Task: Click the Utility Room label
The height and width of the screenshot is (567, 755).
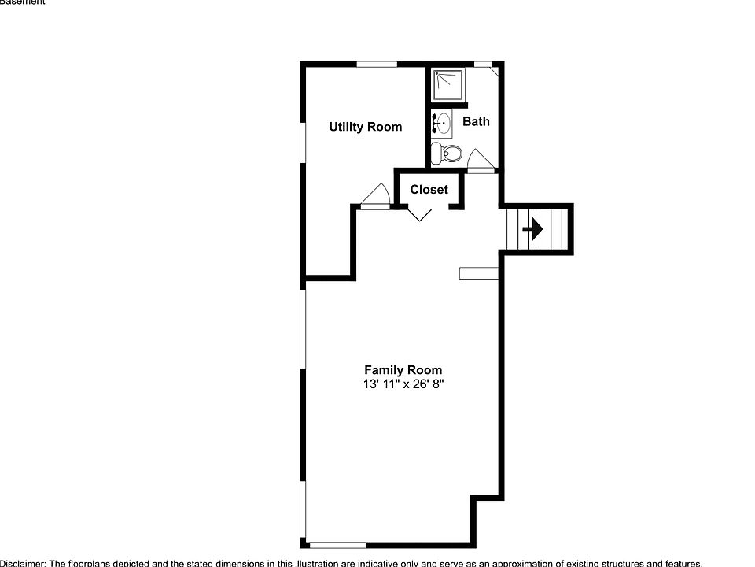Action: coord(365,127)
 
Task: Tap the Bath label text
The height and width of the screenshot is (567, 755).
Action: coord(476,121)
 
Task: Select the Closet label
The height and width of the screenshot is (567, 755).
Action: coord(429,190)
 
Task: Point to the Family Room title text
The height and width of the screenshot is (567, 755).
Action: coord(403,370)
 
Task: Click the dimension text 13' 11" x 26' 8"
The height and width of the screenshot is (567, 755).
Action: coord(403,385)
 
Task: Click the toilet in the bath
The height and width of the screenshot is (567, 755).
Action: coord(449,153)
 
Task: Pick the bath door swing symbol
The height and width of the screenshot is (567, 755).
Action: coord(479,160)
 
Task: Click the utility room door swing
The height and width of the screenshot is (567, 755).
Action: coord(375,196)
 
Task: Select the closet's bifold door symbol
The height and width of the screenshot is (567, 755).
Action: coord(421,213)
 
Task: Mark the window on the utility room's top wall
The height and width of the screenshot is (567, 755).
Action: coord(376,64)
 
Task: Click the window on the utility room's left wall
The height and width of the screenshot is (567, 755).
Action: coord(303,143)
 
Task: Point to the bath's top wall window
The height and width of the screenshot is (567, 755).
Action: coord(483,64)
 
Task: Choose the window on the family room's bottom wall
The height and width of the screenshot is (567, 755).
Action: coord(337,544)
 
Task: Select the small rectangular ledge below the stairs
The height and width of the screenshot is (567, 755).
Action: coord(479,273)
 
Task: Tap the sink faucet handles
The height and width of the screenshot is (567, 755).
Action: coord(435,124)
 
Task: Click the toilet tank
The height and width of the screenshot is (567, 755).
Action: coord(436,153)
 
